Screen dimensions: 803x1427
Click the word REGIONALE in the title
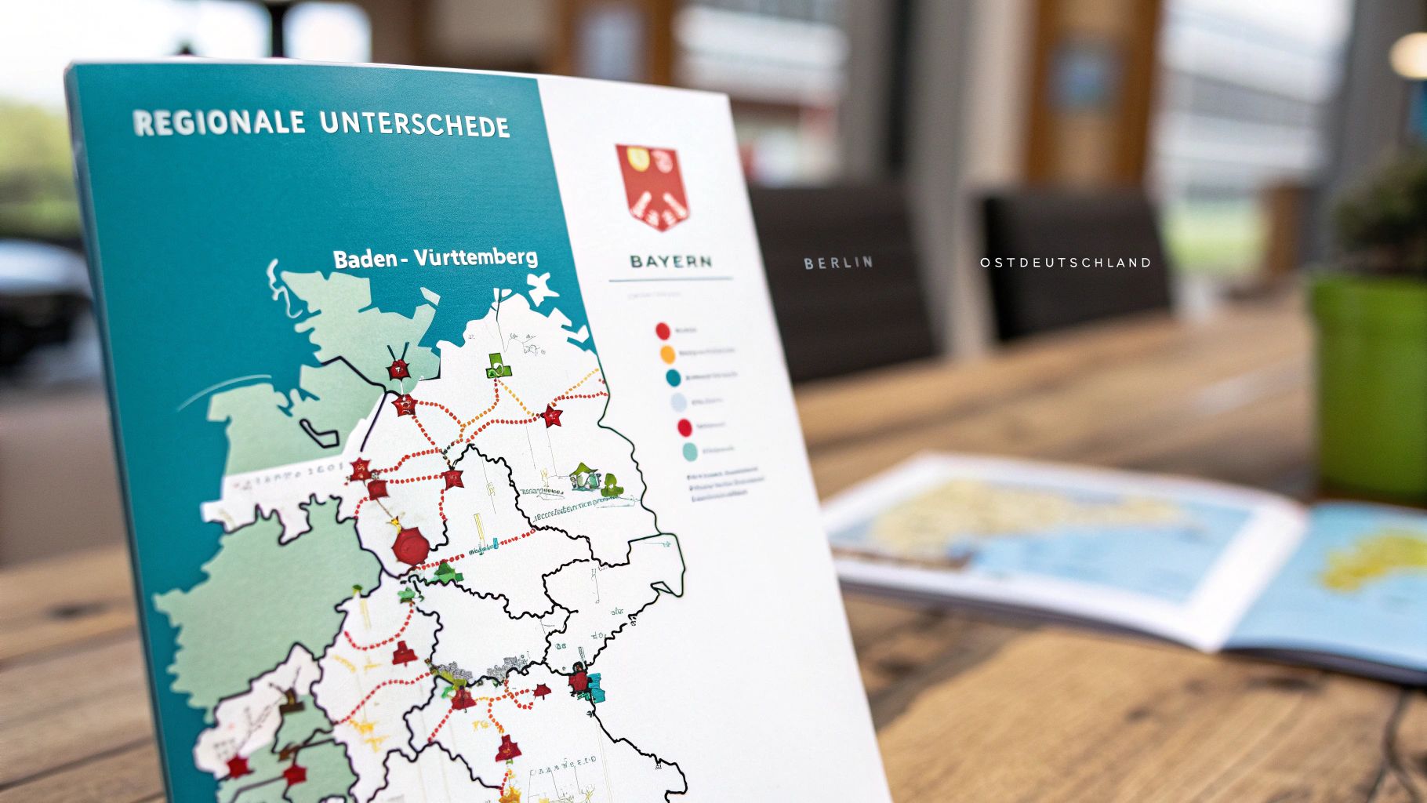coord(219,122)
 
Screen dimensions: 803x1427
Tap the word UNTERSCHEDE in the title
coord(415,124)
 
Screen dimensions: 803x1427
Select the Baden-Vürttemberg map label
coord(435,258)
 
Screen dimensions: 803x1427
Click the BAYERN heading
coord(670,261)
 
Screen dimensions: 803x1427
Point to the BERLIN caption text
coord(838,263)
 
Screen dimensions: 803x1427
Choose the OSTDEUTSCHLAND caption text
coord(1066,263)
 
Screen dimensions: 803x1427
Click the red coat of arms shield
coord(652,186)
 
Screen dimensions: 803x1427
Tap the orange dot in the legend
coord(667,354)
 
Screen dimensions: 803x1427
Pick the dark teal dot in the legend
coord(673,378)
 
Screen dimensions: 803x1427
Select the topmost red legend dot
coord(663,330)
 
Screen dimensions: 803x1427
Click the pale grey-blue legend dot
coord(678,403)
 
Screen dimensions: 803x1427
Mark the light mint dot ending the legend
coord(689,452)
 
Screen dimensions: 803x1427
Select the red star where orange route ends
coord(553,416)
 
